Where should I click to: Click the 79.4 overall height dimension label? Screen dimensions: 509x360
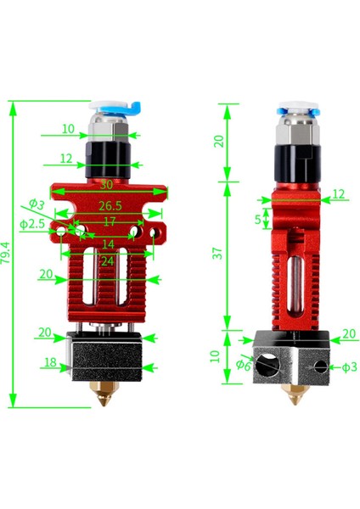(x=8, y=253)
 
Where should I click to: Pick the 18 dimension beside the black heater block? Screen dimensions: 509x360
(x=49, y=361)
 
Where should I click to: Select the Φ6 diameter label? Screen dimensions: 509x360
(x=243, y=366)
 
